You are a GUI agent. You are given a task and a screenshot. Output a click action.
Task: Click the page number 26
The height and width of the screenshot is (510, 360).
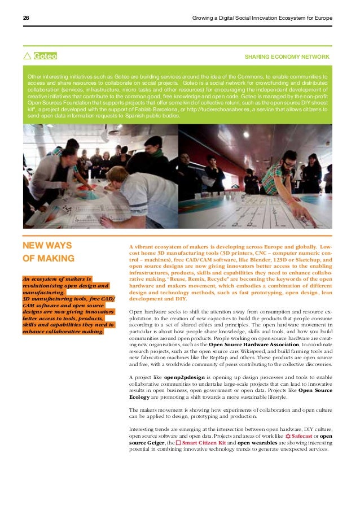pos(26,18)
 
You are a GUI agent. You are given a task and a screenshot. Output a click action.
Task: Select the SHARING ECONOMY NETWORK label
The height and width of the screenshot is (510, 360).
pos(287,57)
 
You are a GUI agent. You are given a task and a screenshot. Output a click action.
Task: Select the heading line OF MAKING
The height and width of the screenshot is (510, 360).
pos(48,259)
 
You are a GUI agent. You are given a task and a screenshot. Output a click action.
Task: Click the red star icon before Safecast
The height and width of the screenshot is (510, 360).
pos(288,436)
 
